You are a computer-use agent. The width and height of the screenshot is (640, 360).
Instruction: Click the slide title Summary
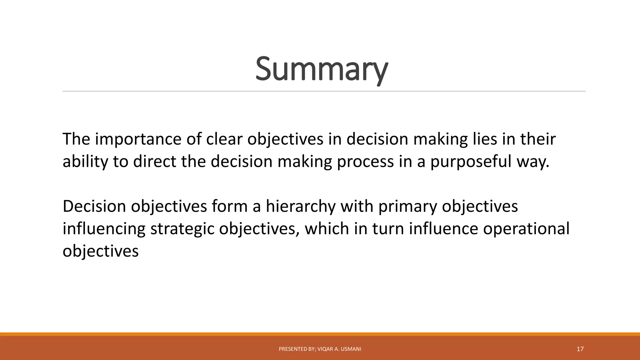[x=322, y=69]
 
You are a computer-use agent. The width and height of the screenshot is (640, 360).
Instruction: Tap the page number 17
[x=580, y=349]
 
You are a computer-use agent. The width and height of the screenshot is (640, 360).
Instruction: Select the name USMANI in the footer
[x=351, y=349]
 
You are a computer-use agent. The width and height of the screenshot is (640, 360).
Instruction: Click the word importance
[x=138, y=139]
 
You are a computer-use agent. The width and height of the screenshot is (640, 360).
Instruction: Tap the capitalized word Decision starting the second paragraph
[x=94, y=206]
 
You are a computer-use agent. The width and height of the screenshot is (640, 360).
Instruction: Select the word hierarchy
[x=300, y=207]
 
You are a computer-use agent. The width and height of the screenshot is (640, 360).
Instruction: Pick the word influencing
[x=104, y=229]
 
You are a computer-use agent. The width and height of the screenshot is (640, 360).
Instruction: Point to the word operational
[x=526, y=229]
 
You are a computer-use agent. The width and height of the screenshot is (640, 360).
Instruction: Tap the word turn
[x=387, y=229]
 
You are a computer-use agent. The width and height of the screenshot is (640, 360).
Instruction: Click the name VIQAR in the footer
[x=325, y=349]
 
